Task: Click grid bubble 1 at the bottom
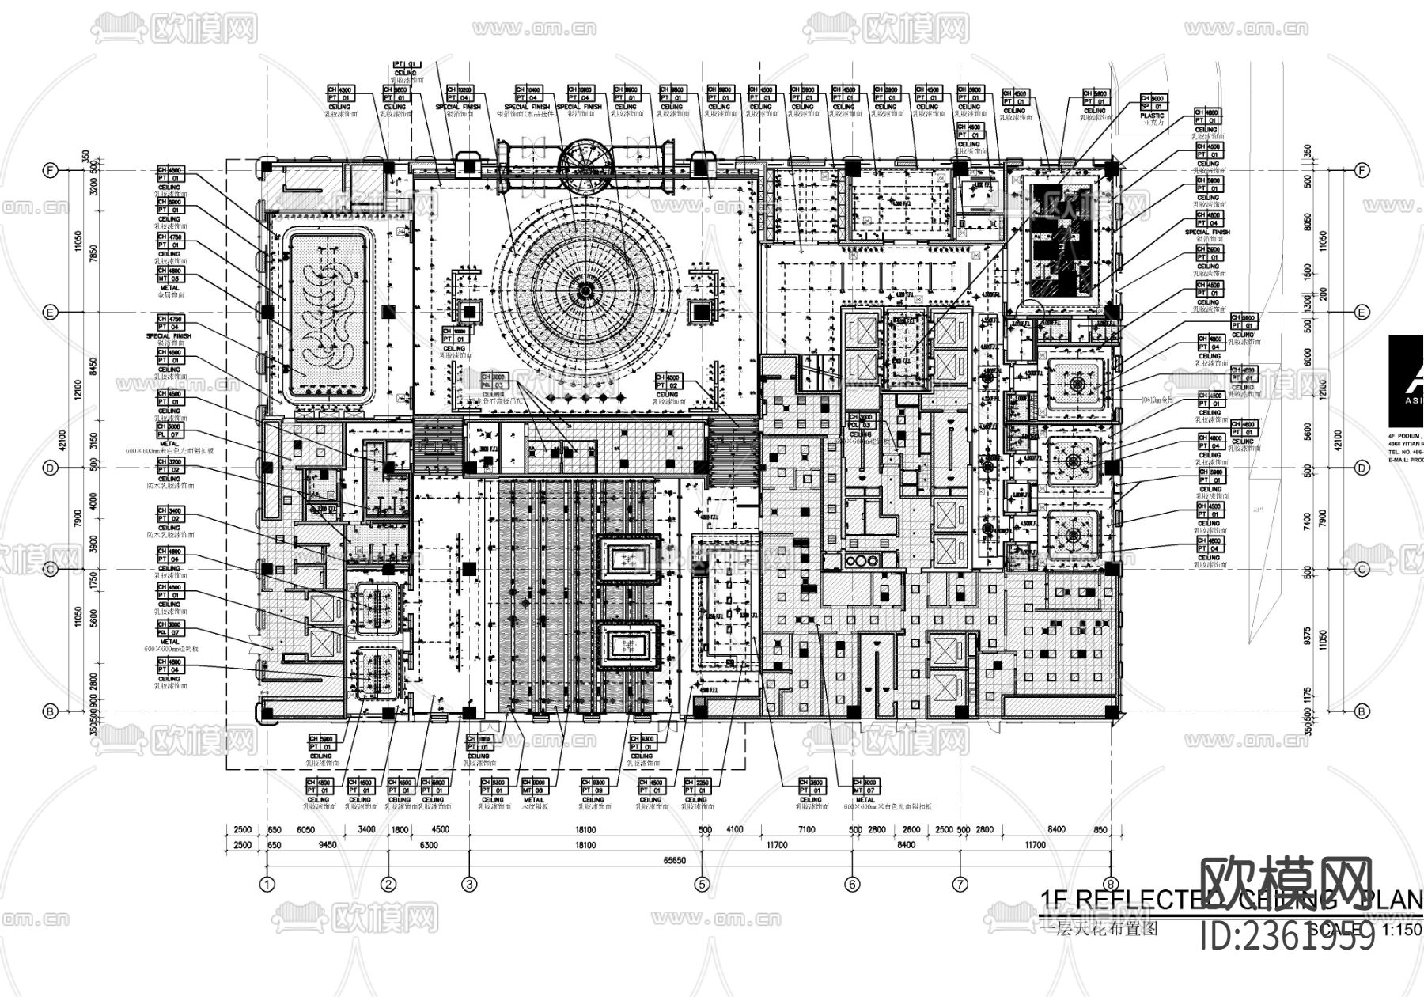(267, 885)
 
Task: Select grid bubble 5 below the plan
(702, 885)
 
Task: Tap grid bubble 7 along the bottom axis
(960, 885)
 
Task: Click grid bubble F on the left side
(51, 170)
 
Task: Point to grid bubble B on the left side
(51, 711)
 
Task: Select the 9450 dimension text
(327, 845)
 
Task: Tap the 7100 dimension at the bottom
(806, 829)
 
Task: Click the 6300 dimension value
(427, 845)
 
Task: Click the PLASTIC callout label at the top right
(1152, 116)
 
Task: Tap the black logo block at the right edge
(1406, 381)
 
